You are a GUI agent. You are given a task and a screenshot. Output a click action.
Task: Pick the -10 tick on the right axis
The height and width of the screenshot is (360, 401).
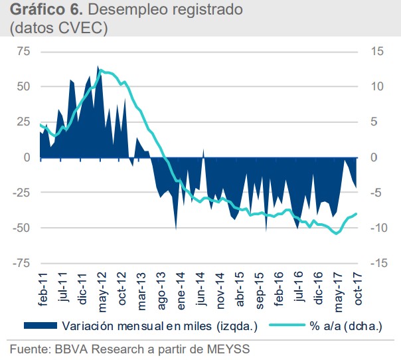tap(377, 228)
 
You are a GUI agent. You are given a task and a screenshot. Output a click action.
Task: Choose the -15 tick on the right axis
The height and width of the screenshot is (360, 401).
tap(377, 263)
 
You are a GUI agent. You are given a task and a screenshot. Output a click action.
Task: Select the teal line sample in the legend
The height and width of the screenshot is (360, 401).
tap(285, 326)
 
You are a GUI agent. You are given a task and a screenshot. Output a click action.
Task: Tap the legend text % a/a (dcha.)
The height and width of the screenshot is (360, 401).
tap(339, 326)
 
